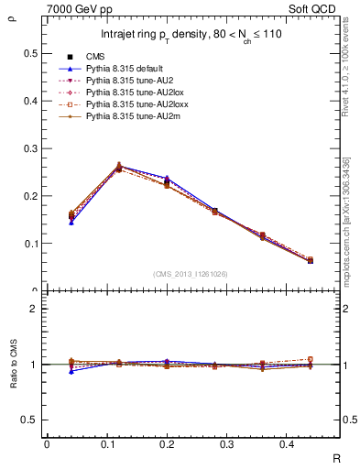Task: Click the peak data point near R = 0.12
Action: pyautogui.click(x=119, y=167)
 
